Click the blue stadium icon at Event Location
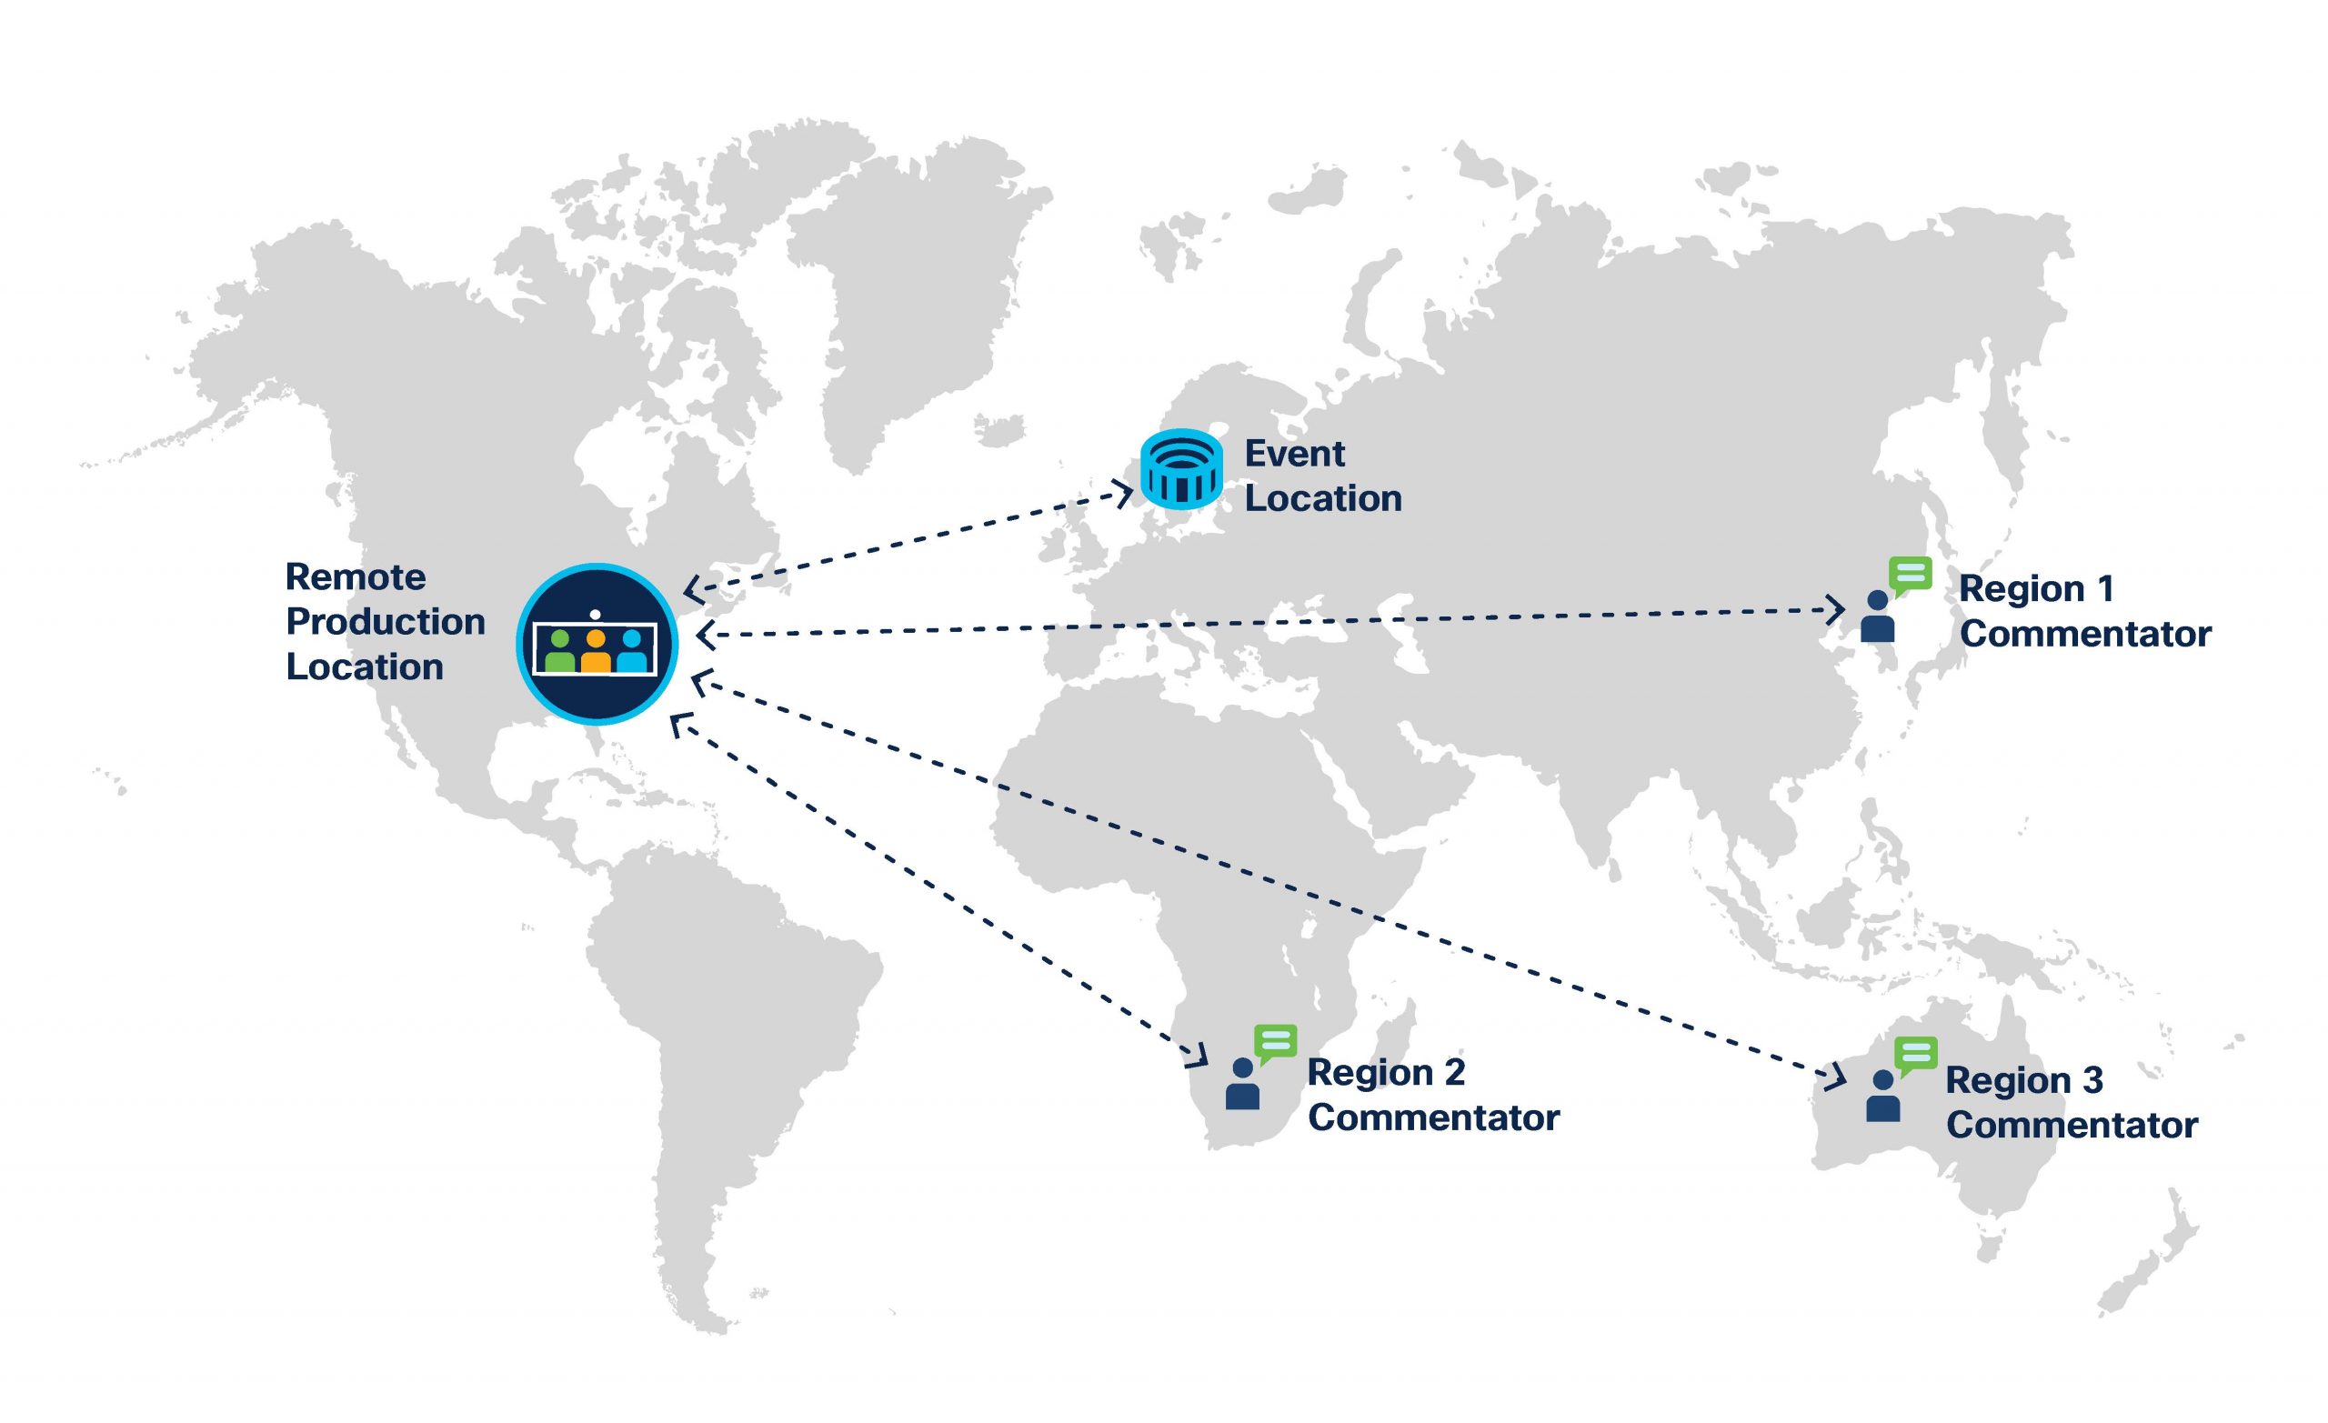coord(1181,468)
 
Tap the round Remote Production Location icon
coord(597,645)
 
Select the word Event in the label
coord(1294,455)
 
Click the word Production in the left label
coord(386,622)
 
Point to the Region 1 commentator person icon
coord(1877,617)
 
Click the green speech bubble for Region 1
coord(1911,575)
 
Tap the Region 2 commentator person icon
coord(1242,1084)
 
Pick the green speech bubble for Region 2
coord(1276,1042)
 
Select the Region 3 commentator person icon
coord(1883,1096)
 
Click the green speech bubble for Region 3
coord(1916,1055)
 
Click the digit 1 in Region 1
coord(2105,588)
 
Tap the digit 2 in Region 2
coord(1455,1072)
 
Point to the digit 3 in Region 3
coord(2092,1080)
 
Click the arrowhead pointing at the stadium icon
coord(1124,493)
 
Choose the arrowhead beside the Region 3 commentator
coord(1837,1077)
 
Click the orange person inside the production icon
coord(596,651)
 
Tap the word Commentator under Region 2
coord(1433,1117)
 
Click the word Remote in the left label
coord(356,577)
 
